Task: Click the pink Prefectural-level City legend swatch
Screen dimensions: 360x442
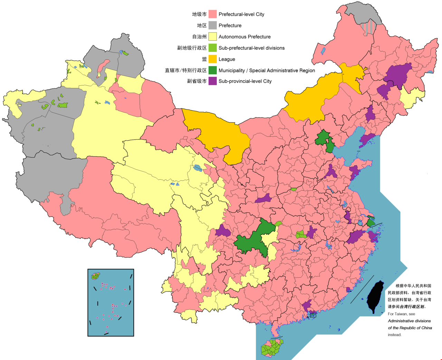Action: tap(213, 14)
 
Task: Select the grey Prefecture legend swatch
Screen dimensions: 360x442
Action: tap(213, 25)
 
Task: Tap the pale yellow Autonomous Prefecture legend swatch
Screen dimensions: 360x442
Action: tap(213, 37)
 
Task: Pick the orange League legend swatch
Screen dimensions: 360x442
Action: tap(213, 59)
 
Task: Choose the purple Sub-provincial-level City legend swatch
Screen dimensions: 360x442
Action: tap(213, 81)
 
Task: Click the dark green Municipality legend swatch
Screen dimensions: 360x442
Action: tap(213, 70)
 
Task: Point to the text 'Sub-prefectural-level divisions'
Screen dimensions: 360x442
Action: tap(251, 48)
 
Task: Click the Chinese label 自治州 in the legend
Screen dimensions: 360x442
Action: tap(199, 37)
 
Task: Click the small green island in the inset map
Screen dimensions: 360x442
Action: tap(96, 276)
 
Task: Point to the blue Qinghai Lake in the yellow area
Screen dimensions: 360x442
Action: tap(198, 168)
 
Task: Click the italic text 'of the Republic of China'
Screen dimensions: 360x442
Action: tap(410, 328)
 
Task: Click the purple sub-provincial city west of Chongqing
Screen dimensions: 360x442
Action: tap(223, 231)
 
